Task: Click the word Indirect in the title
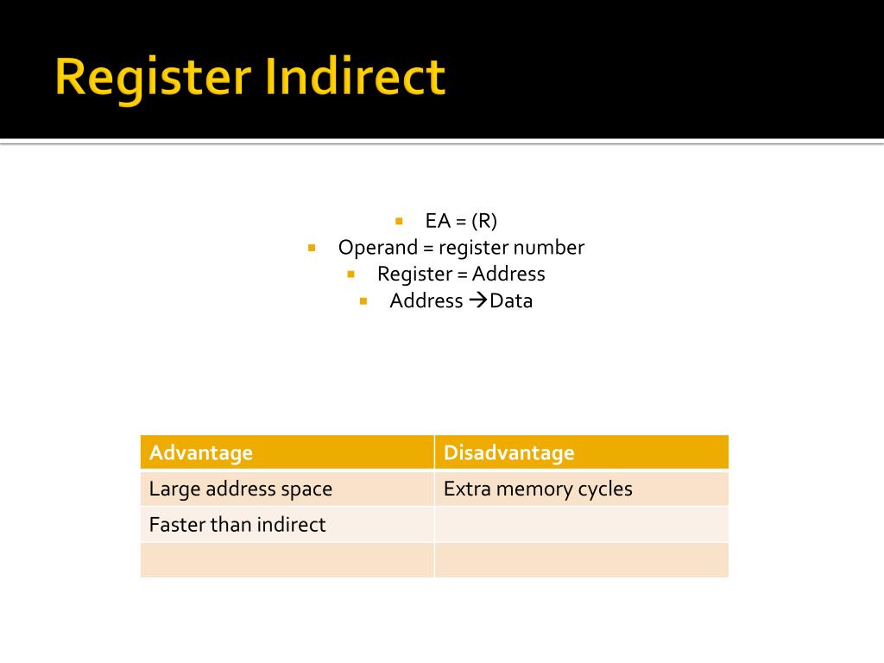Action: coord(355,77)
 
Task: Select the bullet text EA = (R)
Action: coord(461,221)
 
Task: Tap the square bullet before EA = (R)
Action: coord(399,221)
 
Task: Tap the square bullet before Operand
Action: coord(312,248)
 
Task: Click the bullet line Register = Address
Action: coord(461,274)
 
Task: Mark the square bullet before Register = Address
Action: coord(351,275)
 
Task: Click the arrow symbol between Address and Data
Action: coord(478,300)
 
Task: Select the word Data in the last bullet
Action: coord(511,300)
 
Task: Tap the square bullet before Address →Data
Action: coord(363,301)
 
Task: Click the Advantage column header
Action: coord(201,452)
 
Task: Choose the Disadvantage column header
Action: coord(508,452)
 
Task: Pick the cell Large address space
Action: coord(240,489)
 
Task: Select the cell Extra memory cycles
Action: coord(538,489)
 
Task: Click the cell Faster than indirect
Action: coord(237,524)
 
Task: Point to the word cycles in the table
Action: coord(605,489)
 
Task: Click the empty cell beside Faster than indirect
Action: coord(581,524)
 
